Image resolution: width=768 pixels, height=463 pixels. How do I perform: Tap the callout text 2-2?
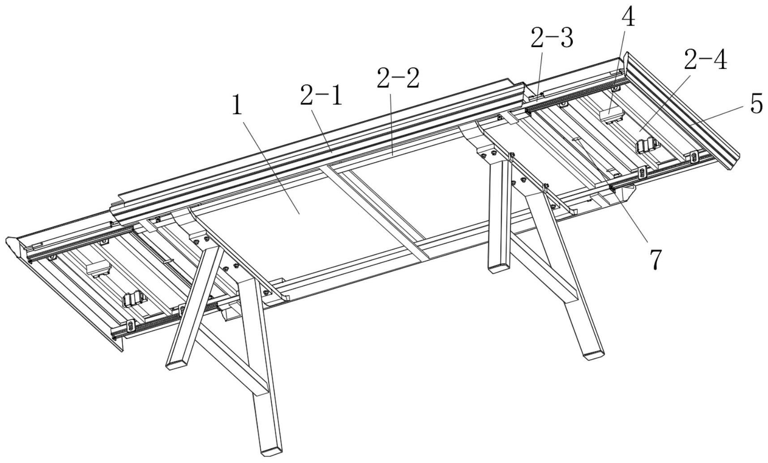(x=398, y=78)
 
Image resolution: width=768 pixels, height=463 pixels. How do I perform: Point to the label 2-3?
(x=552, y=39)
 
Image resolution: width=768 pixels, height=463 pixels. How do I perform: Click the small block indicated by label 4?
(x=611, y=114)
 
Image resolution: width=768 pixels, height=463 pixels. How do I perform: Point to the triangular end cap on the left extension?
(x=15, y=248)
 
